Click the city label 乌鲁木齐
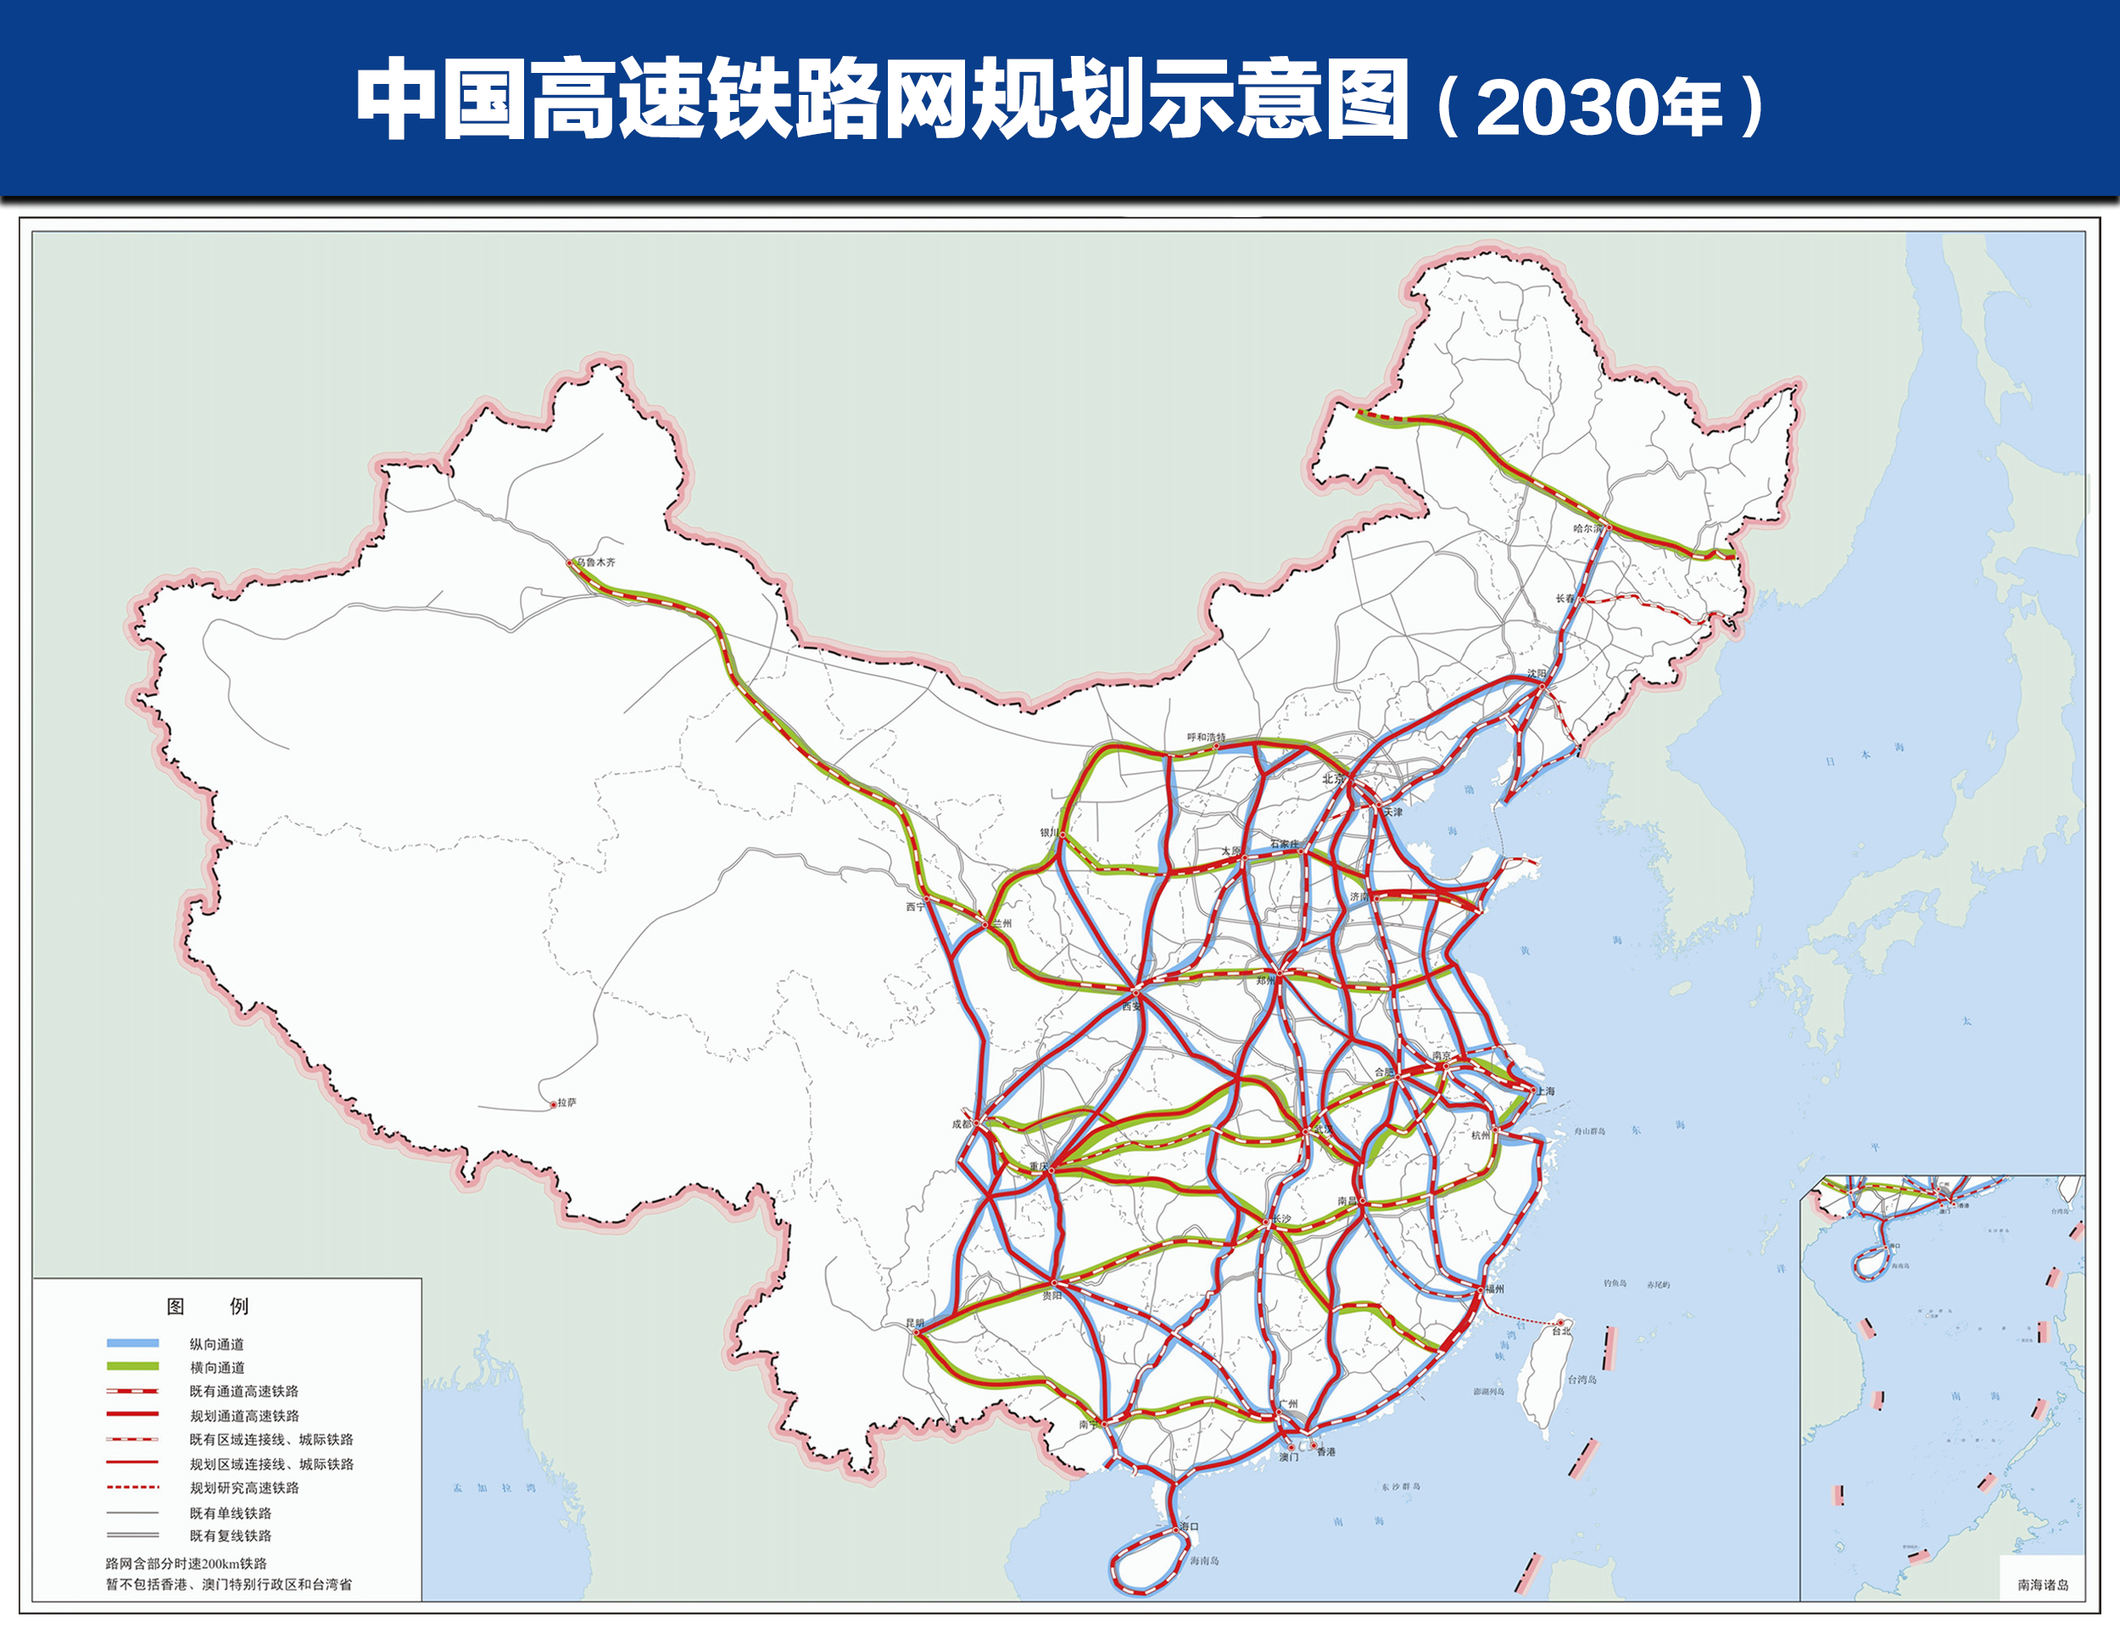[595, 562]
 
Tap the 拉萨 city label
[566, 1103]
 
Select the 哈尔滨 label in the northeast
[1588, 528]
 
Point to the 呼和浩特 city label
[1207, 738]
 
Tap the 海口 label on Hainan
[1189, 1526]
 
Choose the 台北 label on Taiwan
[1561, 1331]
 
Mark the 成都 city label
[961, 1124]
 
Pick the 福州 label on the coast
[1494, 1289]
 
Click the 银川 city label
[1049, 833]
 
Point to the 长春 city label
[1565, 599]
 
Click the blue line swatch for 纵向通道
[133, 1343]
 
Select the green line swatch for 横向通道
[133, 1366]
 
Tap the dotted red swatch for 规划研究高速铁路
[133, 1486]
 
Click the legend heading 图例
[208, 1307]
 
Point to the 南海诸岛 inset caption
[2043, 1586]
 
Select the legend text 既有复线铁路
[231, 1536]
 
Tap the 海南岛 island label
[1204, 1561]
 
